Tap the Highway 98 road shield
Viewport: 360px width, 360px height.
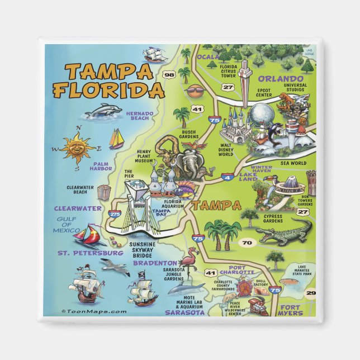(x=169, y=74)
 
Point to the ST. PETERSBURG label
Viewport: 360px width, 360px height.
(x=91, y=253)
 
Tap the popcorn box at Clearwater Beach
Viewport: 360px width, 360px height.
(x=104, y=192)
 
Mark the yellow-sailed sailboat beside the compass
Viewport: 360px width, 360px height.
(x=116, y=139)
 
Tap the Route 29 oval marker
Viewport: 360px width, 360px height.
(x=311, y=293)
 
